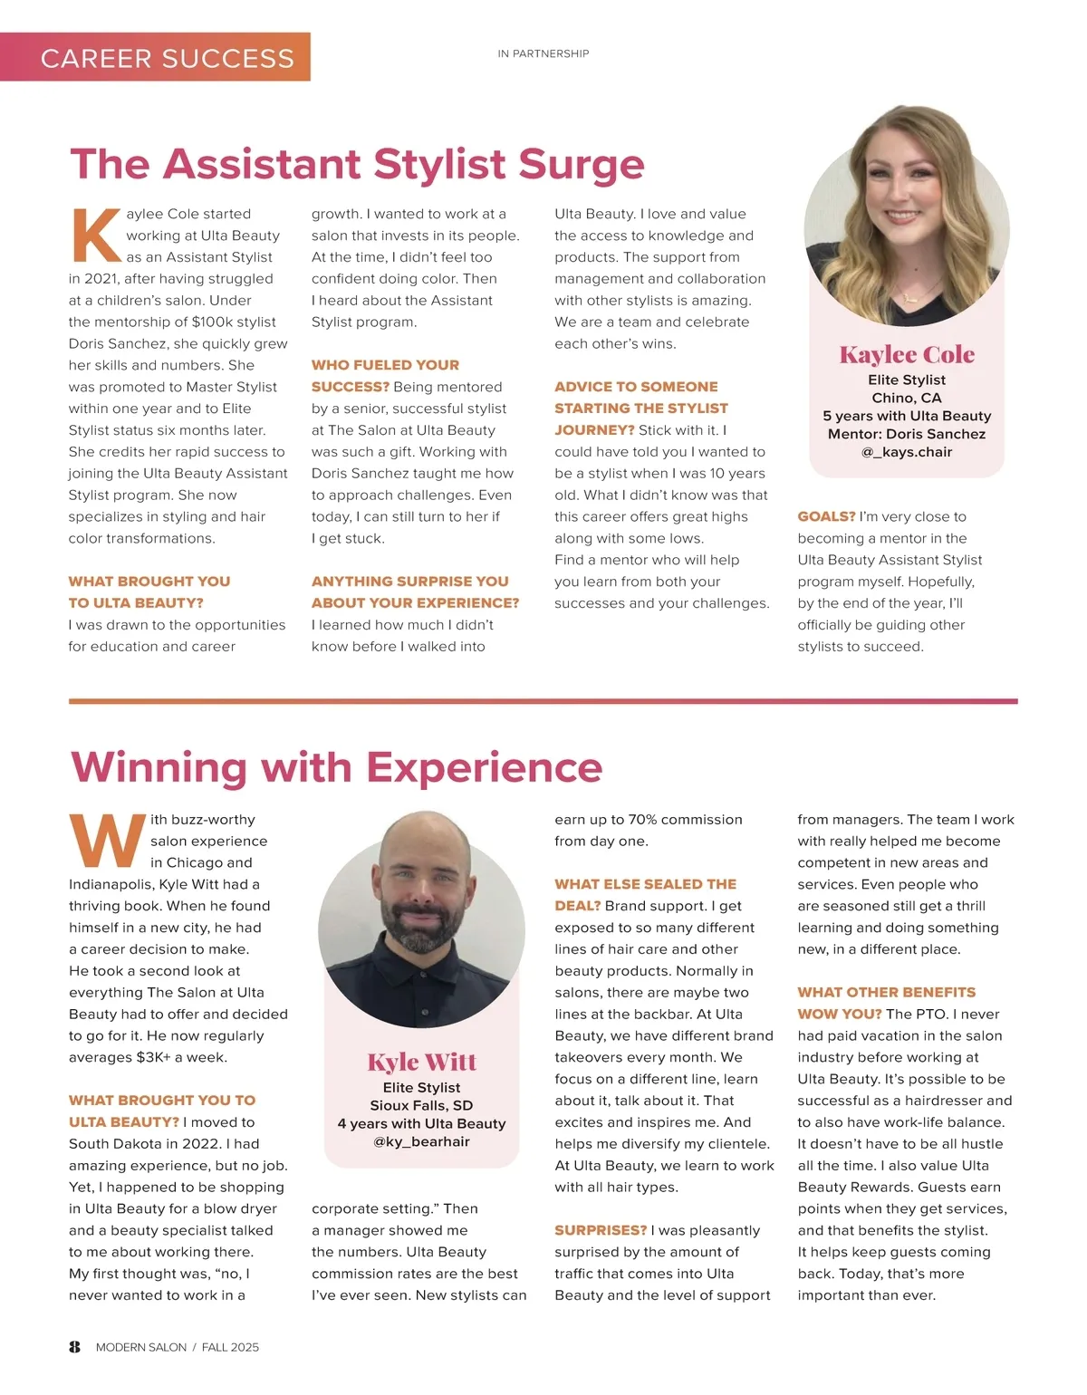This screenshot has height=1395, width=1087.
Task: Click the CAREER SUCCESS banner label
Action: [x=168, y=59]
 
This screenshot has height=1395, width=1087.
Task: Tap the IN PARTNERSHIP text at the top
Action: [x=543, y=54]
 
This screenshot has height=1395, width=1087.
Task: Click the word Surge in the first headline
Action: [x=581, y=165]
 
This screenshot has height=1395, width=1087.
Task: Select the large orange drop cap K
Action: [x=95, y=236]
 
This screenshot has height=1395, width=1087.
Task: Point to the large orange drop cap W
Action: [x=107, y=840]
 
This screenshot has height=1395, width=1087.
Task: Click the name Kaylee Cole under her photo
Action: [x=907, y=355]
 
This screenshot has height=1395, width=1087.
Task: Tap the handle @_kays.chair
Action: [x=907, y=452]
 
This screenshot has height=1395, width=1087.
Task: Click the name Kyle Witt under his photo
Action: [x=421, y=1062]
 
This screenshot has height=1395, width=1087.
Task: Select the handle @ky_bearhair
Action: [x=421, y=1142]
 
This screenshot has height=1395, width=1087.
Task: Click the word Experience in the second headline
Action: [x=485, y=768]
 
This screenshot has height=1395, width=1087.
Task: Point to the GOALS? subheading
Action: [x=826, y=517]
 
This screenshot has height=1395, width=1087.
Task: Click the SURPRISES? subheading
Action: [x=601, y=1231]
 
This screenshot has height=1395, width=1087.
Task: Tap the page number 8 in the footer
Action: [x=74, y=1347]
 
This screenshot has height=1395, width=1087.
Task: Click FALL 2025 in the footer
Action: [x=230, y=1348]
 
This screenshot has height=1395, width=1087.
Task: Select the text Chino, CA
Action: [x=907, y=398]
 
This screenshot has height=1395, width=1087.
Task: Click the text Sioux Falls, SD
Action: [x=421, y=1106]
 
